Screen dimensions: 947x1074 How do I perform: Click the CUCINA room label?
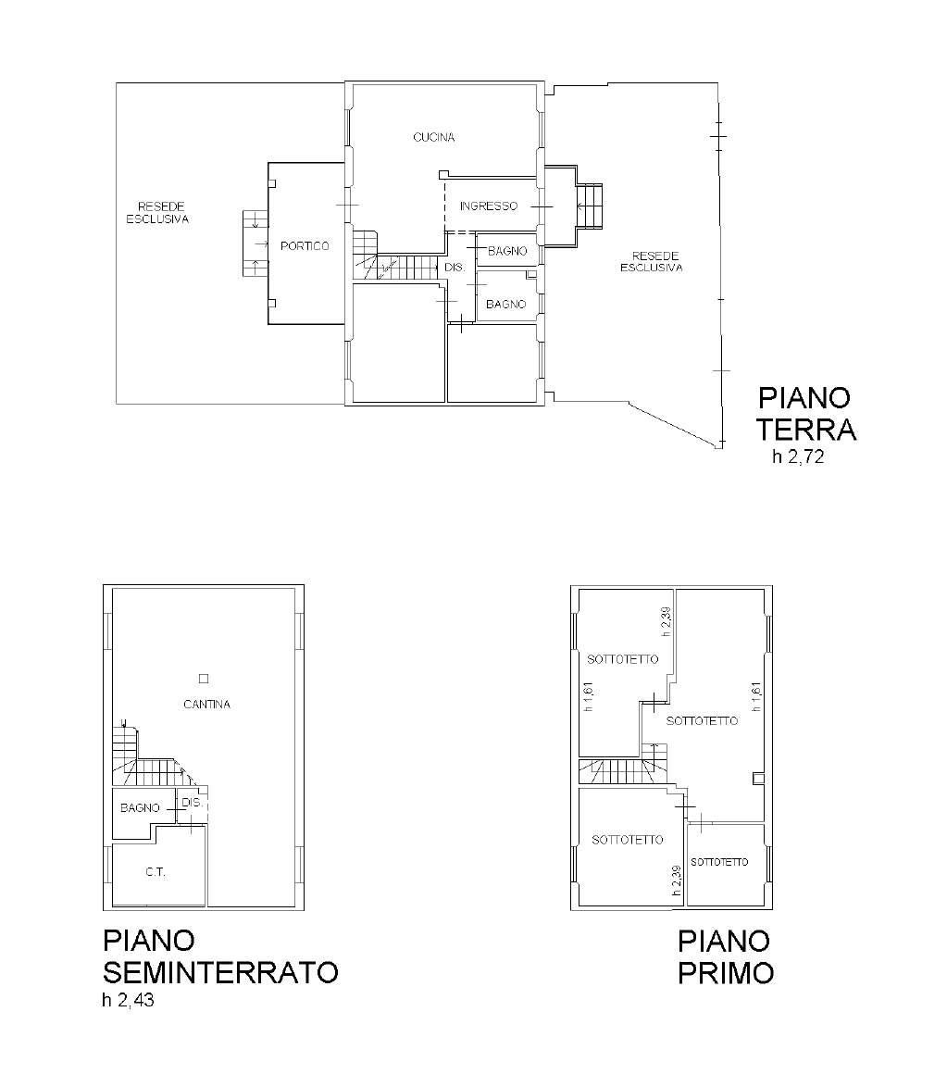[433, 137]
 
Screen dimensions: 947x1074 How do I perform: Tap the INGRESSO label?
[488, 206]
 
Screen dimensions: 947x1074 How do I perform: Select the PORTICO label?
[305, 246]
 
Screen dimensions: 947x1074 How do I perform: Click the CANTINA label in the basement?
[206, 705]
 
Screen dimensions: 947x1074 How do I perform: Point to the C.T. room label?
[156, 872]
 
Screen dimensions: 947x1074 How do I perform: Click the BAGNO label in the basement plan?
[140, 808]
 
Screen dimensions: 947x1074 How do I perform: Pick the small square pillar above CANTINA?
[204, 679]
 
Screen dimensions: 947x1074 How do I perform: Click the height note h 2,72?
[798, 456]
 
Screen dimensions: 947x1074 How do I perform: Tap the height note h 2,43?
[128, 1001]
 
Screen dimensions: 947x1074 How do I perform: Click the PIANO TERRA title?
[806, 414]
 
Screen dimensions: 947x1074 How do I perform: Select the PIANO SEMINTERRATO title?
[220, 956]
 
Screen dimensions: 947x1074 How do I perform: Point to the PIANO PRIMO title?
[726, 956]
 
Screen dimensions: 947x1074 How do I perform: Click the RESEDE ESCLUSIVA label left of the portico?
[158, 212]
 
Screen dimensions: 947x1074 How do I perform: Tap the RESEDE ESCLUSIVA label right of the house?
[652, 262]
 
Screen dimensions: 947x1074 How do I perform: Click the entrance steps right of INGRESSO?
[589, 206]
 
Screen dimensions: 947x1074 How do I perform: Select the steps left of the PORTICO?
[255, 244]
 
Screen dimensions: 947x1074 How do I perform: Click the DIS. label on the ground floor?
[455, 268]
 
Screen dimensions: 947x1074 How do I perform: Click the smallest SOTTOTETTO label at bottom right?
[719, 862]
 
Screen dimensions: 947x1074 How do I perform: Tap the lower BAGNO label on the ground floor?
[506, 304]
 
